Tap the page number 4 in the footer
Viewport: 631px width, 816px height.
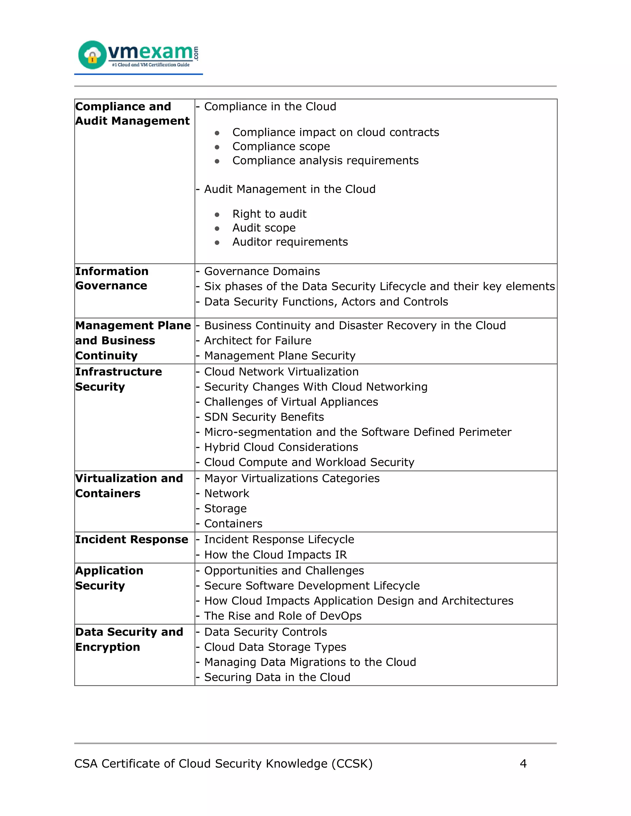[x=523, y=763]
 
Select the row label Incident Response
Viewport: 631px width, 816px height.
[x=132, y=539]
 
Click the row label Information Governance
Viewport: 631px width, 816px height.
[x=112, y=278]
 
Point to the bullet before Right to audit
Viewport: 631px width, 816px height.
[x=217, y=214]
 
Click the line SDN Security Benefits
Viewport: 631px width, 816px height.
[x=264, y=417]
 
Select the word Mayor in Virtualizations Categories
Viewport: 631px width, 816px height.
[x=221, y=478]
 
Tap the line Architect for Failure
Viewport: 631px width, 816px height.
[x=258, y=340]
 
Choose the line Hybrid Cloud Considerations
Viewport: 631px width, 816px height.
[x=281, y=447]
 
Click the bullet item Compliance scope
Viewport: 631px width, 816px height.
[x=281, y=147]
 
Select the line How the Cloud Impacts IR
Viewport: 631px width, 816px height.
[x=275, y=555]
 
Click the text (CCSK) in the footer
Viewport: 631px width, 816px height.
[x=352, y=763]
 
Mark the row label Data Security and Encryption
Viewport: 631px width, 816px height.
[x=129, y=639]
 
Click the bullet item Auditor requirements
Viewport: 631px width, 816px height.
[x=290, y=242]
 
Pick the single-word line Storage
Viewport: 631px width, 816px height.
[x=226, y=508]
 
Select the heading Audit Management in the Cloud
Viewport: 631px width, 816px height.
[x=290, y=189]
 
